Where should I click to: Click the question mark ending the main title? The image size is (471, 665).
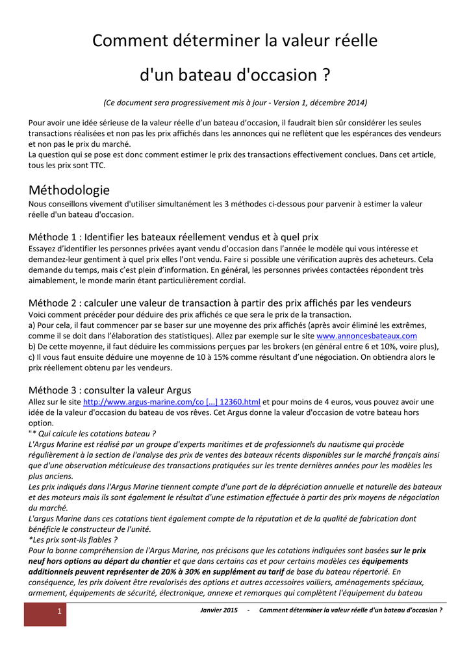click(325, 75)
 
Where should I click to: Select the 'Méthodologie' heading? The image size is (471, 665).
click(70, 190)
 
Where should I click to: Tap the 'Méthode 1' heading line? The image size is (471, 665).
click(173, 236)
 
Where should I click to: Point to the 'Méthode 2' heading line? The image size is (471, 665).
click(220, 303)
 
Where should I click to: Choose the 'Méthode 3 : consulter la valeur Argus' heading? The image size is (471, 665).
click(110, 390)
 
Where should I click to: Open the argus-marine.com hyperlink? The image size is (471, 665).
click(172, 402)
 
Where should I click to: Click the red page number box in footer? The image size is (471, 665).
click(45, 613)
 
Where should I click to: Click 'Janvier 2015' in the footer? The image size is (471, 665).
click(219, 610)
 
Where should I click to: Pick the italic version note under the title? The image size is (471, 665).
click(235, 103)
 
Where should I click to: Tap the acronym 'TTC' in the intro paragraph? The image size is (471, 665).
click(94, 165)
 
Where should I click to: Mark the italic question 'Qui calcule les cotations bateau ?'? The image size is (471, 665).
click(95, 433)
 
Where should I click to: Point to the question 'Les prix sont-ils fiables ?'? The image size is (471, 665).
click(74, 539)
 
